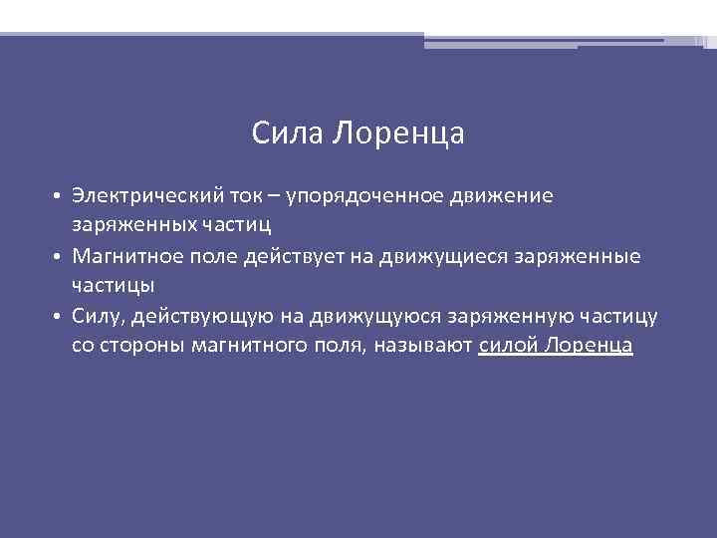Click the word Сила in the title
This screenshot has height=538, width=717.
point(288,133)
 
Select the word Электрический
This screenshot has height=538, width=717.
point(143,195)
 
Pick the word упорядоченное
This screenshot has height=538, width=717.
point(359,196)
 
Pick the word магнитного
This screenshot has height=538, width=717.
point(254,347)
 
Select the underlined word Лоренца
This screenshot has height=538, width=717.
point(589,347)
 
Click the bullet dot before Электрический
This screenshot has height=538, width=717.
point(59,196)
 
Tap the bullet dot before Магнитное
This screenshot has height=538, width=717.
point(59,257)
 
